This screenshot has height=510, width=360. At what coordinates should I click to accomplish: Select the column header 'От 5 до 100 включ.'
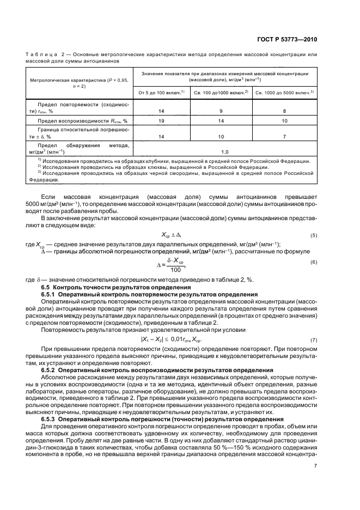[x=161, y=92]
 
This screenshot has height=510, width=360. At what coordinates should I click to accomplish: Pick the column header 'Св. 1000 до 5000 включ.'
[x=284, y=92]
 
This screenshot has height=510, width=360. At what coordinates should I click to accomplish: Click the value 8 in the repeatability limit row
[x=284, y=111]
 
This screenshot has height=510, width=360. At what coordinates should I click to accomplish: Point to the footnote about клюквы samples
[x=154, y=167]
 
